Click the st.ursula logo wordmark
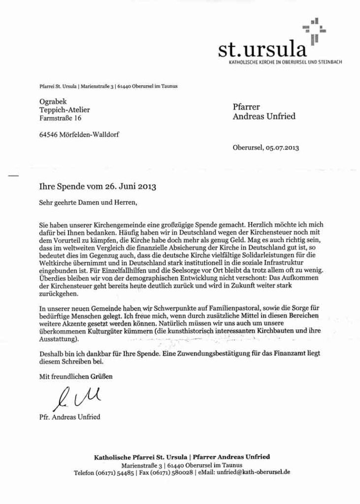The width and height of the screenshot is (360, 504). pos(262,49)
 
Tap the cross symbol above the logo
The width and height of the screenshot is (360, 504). pos(313,30)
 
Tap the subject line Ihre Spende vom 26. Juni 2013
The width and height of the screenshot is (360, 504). pos(98,187)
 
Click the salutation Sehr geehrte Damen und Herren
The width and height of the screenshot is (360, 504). pos(86,202)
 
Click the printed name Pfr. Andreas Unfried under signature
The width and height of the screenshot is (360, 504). pos(69,417)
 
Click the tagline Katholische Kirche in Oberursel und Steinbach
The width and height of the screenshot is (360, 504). pos(285,62)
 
